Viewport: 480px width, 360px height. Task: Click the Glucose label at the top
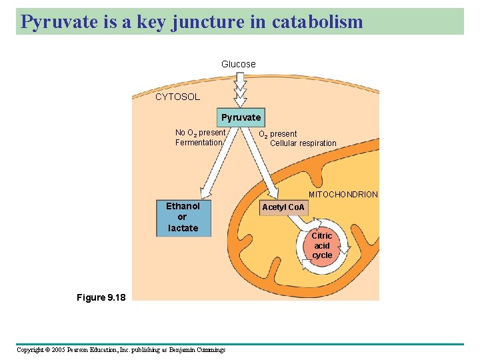238,64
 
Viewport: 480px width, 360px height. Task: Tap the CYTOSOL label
177,97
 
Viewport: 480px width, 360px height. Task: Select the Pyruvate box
241,117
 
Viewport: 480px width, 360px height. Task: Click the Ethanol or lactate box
183,217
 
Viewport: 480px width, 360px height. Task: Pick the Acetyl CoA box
283,207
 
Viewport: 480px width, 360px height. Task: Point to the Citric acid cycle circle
322,246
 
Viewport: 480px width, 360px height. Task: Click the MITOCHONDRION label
343,195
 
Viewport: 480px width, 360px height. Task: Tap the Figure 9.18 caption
100,297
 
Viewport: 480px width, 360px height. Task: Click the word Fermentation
198,143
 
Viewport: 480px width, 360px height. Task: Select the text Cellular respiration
303,143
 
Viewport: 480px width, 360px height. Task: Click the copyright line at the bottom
121,349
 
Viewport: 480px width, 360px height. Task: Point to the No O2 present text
200,133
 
